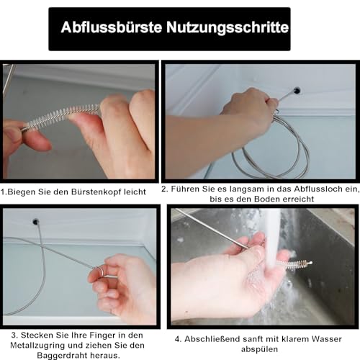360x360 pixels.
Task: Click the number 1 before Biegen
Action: (x=3, y=192)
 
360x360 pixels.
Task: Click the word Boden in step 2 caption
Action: (x=266, y=199)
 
